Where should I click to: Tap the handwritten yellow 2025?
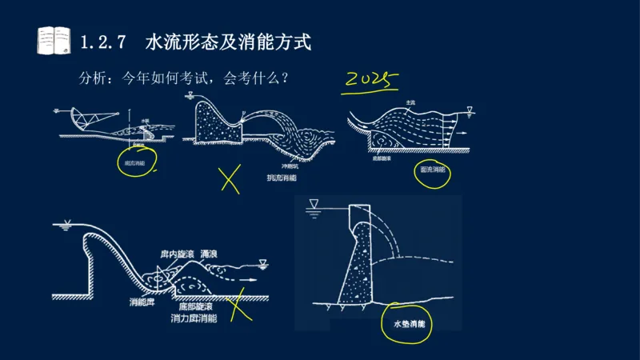pos(371,80)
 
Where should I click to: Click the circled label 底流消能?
pos(134,162)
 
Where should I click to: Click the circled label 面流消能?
pos(432,170)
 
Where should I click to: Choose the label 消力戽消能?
pos(194,318)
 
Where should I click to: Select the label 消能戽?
pos(142,303)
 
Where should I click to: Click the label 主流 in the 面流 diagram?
pos(410,102)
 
